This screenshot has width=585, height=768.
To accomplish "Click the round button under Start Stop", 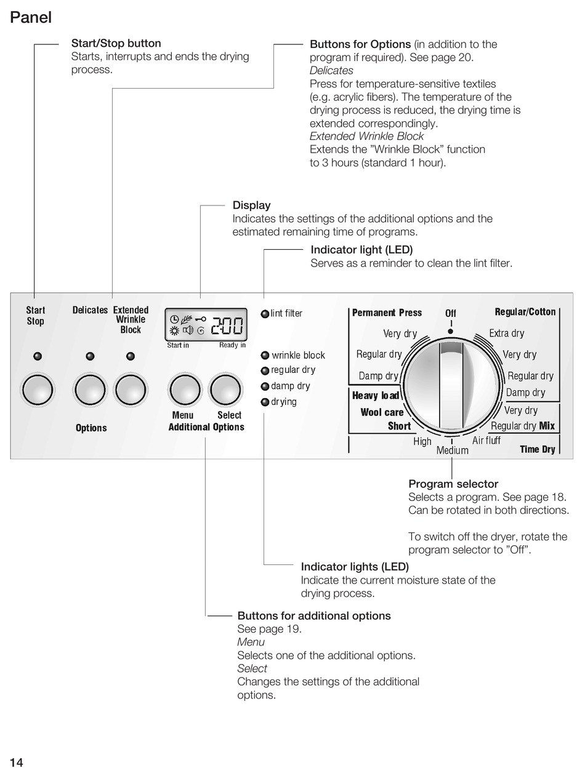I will coord(38,390).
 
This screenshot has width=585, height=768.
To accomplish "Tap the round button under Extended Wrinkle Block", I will coord(131,390).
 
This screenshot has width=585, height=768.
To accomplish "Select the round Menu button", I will coord(185,390).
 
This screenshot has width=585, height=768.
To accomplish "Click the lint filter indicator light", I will coord(265,314).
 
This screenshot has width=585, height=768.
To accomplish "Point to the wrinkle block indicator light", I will coord(265,355).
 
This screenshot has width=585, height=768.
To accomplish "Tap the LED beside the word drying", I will coord(265,402).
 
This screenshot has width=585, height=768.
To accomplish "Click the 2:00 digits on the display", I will coord(227,324).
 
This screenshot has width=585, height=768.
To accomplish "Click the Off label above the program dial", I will coord(451,313).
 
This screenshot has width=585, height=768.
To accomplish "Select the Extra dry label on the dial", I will coord(507,334).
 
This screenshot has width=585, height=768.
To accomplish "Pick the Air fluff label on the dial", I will coord(486,441).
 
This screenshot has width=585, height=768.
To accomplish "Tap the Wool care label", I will coord(382,412).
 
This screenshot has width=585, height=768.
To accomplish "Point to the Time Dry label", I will coord(538,449).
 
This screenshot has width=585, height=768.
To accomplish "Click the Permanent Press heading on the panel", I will coord(387,313).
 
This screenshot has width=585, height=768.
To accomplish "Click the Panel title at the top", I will coord(31,18).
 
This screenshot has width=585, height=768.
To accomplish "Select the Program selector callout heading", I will coord(453,484).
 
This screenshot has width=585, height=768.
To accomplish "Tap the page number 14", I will coord(17,762).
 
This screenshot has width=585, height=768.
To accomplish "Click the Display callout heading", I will coord(251,205).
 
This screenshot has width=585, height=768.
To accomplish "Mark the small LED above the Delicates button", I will coord(90,356).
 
